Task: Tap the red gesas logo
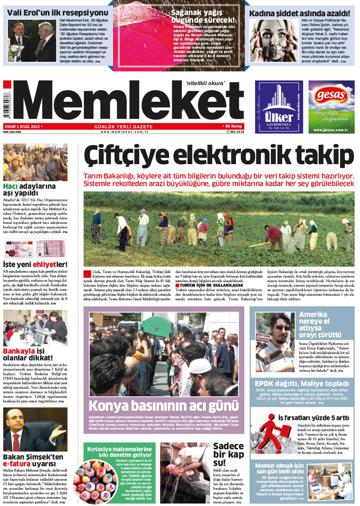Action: tap(331, 95)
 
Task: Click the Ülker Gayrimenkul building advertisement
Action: tap(279, 107)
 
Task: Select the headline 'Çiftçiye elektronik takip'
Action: tap(219, 156)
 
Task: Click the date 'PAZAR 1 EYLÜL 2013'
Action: tap(22, 127)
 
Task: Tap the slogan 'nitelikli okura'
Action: tap(205, 83)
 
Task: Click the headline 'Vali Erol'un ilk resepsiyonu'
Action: tap(57, 12)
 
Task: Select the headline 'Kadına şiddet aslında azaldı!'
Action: tap(299, 13)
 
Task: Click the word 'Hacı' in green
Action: tap(10, 186)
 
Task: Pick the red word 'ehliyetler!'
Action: tap(50, 264)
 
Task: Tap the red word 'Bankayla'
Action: tap(19, 351)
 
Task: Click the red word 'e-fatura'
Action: tap(17, 464)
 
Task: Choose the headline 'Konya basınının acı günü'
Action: tap(163, 406)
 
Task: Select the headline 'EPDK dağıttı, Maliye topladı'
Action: tap(302, 383)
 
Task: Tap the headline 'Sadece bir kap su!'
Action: tap(228, 454)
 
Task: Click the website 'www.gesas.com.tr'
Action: tap(331, 130)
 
